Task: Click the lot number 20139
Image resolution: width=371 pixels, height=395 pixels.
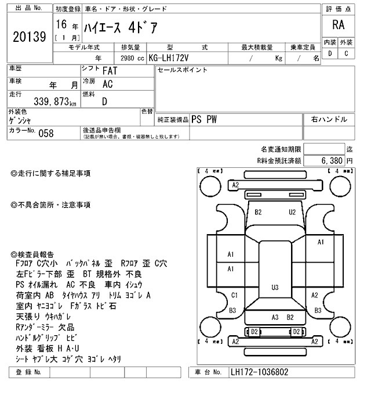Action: coord(28,37)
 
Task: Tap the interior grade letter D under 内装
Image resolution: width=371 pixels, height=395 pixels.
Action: coord(330,54)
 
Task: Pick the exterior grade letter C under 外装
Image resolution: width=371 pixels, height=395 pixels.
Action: coord(346,54)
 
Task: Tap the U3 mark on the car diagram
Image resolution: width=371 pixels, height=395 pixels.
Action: coord(275,287)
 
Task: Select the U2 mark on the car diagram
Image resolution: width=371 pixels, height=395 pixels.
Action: coord(292,211)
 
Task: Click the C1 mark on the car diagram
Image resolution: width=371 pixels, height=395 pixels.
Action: coord(234,295)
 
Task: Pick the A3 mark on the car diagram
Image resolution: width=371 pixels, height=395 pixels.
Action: coord(275,317)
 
